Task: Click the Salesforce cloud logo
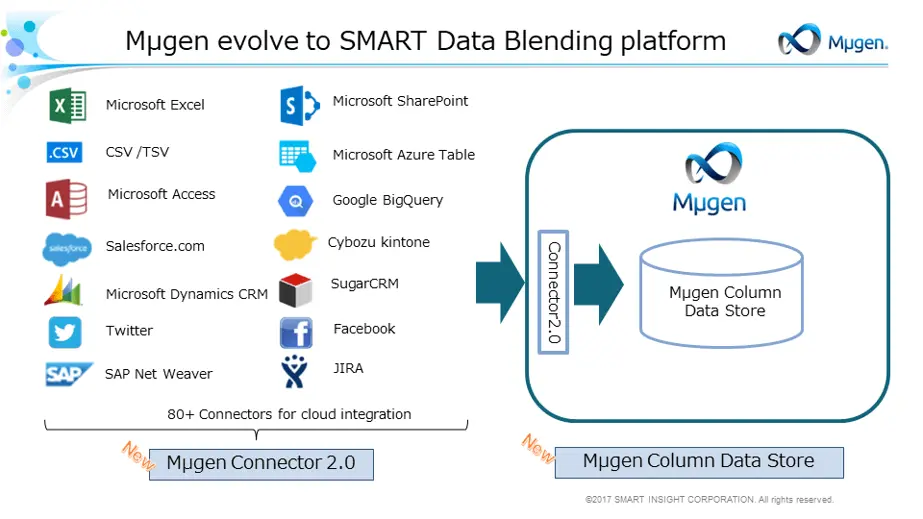tap(67, 248)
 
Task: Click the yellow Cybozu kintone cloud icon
tap(295, 244)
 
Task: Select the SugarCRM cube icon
tap(295, 290)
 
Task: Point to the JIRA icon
tap(294, 371)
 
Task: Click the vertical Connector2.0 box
tap(553, 291)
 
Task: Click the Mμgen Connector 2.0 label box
tap(261, 464)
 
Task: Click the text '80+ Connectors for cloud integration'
tap(289, 414)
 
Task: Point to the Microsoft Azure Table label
tap(403, 155)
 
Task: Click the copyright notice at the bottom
tap(709, 499)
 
